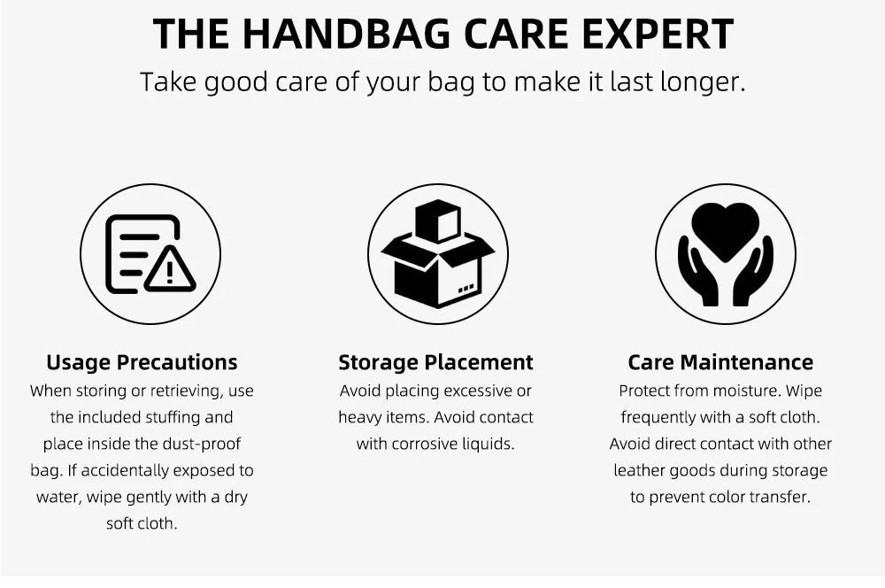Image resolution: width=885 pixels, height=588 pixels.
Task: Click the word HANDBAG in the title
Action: click(x=347, y=34)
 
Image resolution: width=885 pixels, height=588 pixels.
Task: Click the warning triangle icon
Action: click(x=170, y=269)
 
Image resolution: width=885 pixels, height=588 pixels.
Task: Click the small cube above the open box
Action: click(x=437, y=220)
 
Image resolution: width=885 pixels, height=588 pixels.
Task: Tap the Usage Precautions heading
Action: click(x=142, y=362)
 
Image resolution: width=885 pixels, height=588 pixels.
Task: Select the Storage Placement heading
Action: click(x=435, y=362)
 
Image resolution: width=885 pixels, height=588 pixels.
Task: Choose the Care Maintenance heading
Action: click(x=720, y=362)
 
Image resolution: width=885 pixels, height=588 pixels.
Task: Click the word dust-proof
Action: click(x=202, y=444)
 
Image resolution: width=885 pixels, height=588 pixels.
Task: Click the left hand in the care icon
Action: click(x=699, y=272)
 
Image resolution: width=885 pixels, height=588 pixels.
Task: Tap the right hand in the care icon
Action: click(x=752, y=272)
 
